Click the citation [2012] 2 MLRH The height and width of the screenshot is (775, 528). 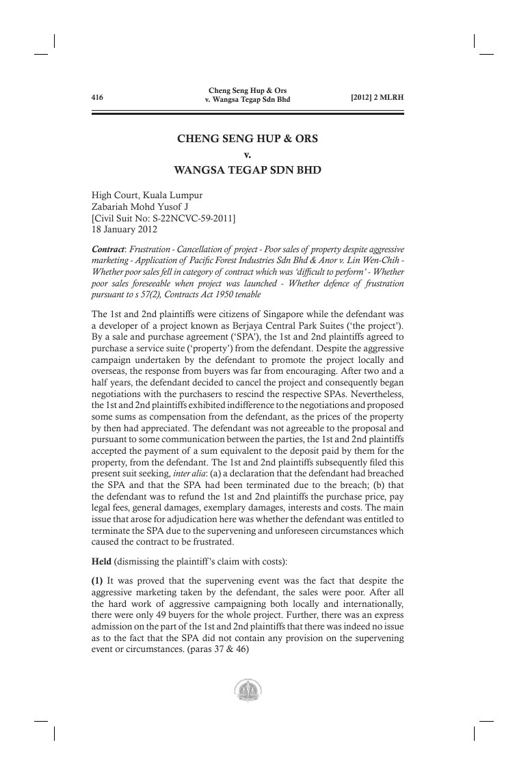377,97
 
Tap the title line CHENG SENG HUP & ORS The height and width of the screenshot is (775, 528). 248,138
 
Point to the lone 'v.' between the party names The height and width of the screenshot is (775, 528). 248,154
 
